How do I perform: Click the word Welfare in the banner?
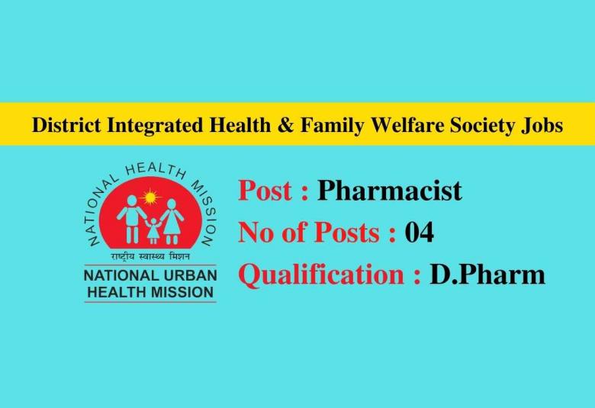click(399, 125)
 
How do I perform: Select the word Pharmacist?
click(390, 190)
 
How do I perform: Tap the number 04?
click(419, 232)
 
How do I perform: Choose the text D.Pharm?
click(487, 275)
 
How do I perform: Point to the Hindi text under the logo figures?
click(150, 255)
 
